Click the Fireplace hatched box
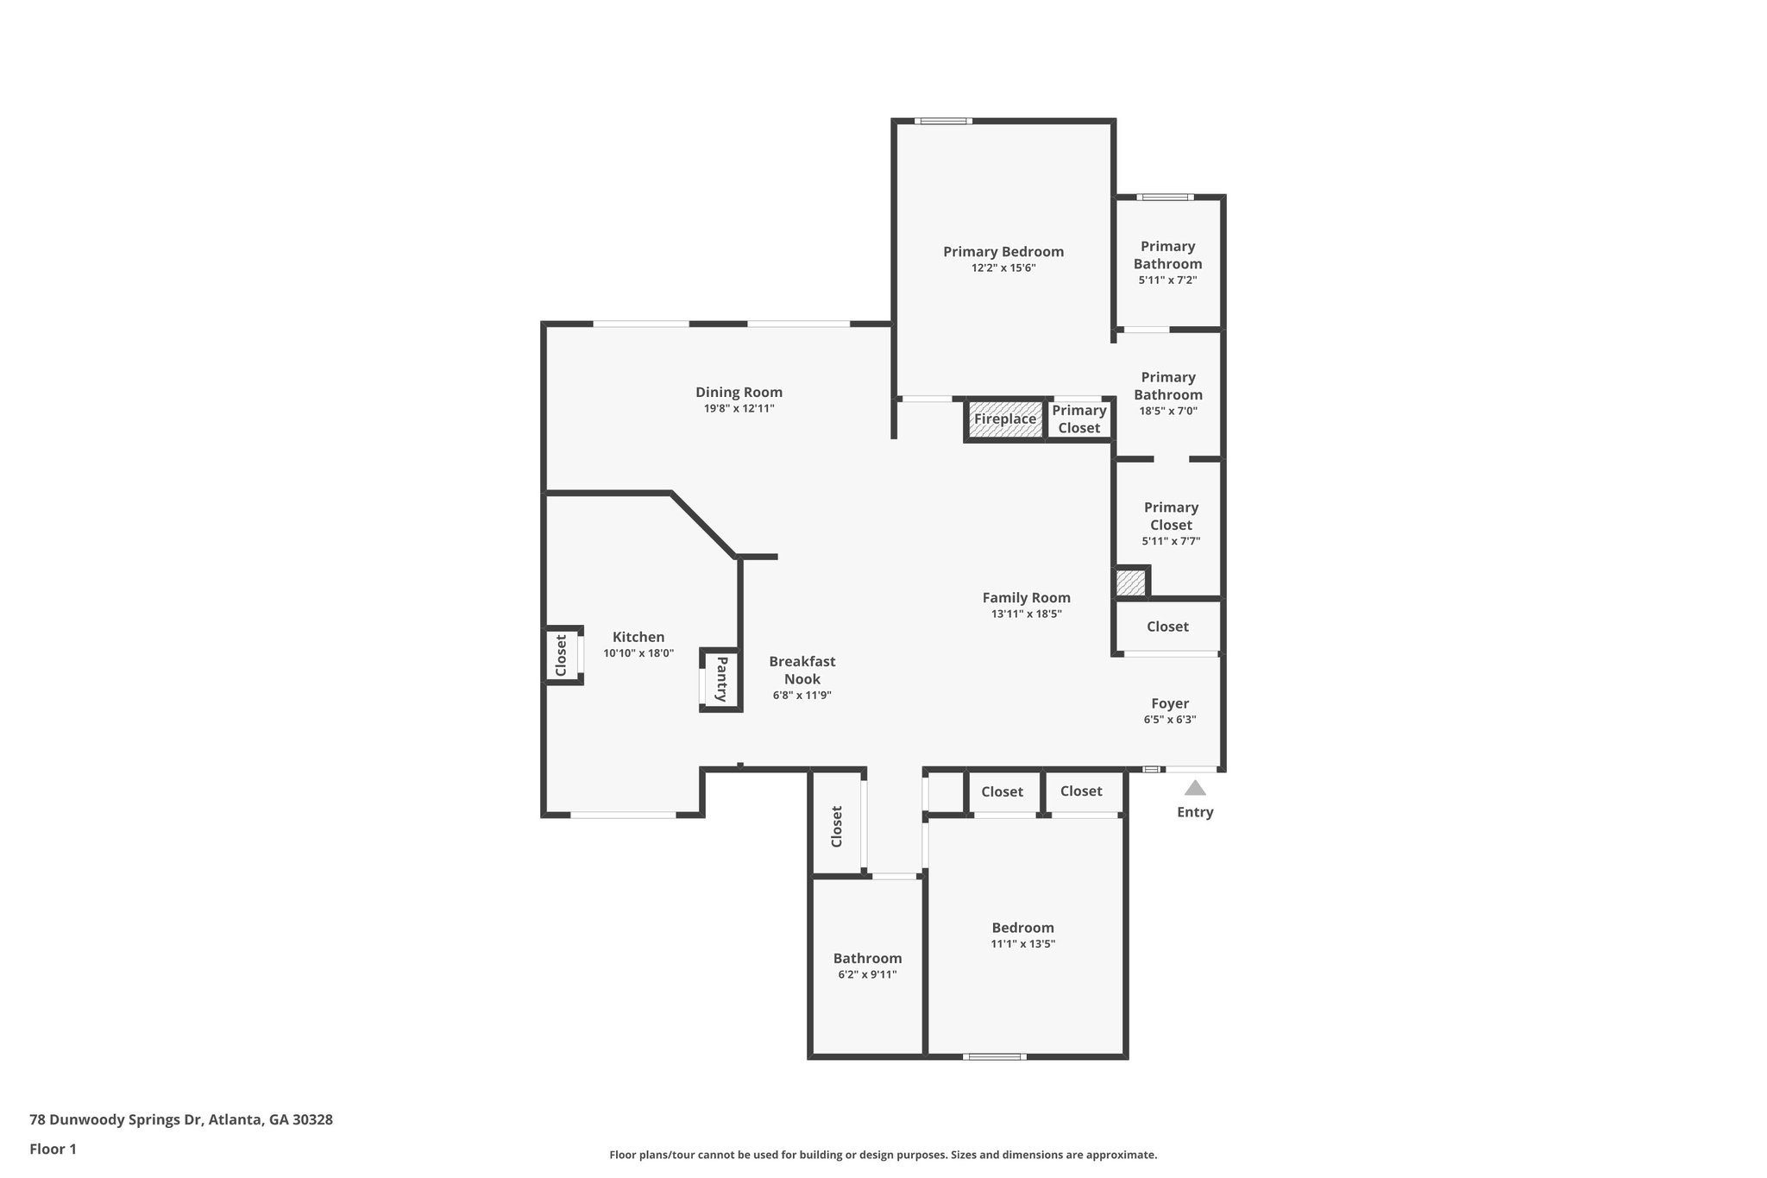(1005, 419)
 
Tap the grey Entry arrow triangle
(1195, 788)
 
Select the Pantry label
(721, 679)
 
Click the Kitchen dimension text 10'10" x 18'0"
(638, 653)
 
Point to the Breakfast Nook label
(802, 671)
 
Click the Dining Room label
(739, 393)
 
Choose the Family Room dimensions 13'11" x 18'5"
(1026, 614)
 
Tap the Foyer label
(1170, 703)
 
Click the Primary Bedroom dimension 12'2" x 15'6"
(1003, 268)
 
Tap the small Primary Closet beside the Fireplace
(1078, 419)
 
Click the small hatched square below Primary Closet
(1130, 583)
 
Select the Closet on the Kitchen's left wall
(562, 656)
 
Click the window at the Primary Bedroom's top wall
(943, 121)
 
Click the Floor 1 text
(53, 1149)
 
